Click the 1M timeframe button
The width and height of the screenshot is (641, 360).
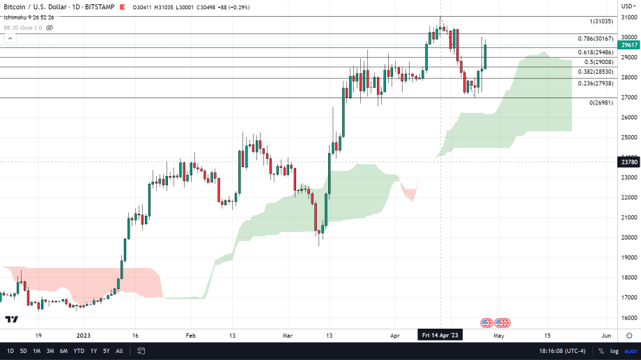[x=37, y=350]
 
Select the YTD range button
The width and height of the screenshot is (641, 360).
[x=78, y=350]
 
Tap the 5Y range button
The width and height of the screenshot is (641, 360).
[x=106, y=350]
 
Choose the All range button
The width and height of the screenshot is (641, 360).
[x=119, y=350]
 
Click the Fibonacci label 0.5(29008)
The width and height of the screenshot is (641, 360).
[x=598, y=62]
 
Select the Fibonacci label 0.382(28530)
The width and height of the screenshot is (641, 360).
[x=595, y=72]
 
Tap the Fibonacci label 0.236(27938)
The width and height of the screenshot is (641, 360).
[x=595, y=83]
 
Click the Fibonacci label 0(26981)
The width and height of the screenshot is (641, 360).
[x=601, y=102]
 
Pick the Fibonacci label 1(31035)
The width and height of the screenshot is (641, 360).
[x=601, y=22]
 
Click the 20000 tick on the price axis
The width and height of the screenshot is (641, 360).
[x=629, y=237]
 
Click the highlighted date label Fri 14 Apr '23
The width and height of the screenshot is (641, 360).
[x=440, y=335]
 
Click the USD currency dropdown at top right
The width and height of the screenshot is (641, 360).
[x=627, y=6]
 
